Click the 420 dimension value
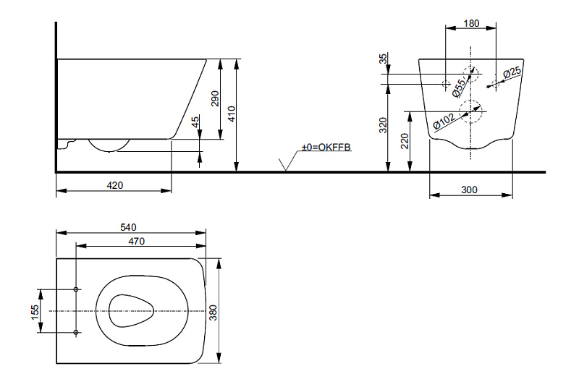coord(115,185)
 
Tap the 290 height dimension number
coord(214,98)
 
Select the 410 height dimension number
coord(232,114)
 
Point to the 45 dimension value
coord(195,121)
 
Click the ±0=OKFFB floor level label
coord(326,147)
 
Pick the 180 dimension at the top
coord(471,23)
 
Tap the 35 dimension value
coord(384,59)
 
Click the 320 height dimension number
coord(384,125)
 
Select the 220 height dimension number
coord(405,141)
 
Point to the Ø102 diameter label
coord(444,122)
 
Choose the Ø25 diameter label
coord(512,72)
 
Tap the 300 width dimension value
coord(469,190)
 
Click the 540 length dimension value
coord(128,227)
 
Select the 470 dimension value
coord(136,242)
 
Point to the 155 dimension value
coord(34,312)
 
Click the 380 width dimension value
coord(213,312)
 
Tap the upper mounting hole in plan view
coord(76,289)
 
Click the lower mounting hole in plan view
coord(76,333)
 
